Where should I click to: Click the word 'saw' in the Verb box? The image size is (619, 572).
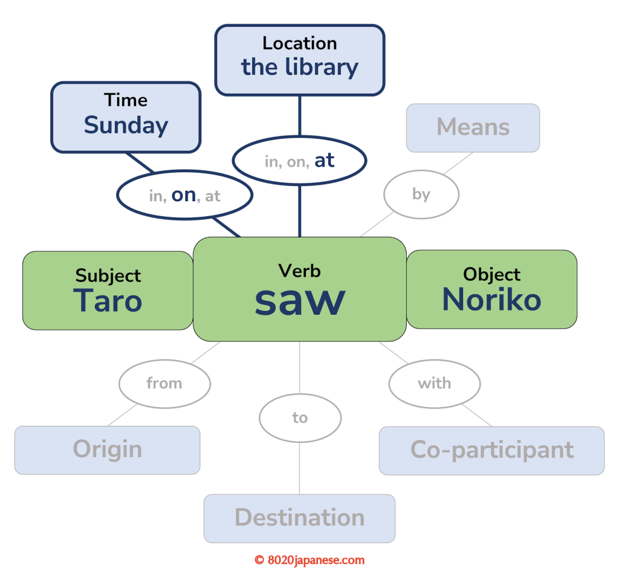pyautogui.click(x=300, y=300)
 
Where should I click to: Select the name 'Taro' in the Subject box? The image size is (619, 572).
pyautogui.click(x=108, y=301)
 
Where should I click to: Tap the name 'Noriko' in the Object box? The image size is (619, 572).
pyautogui.click(x=491, y=300)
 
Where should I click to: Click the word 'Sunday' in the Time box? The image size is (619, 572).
pyautogui.click(x=126, y=125)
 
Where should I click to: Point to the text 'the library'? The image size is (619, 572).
pyautogui.click(x=300, y=66)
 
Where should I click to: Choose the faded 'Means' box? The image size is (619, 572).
pyautogui.click(x=473, y=127)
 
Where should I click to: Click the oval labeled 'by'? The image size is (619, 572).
pyautogui.click(x=421, y=194)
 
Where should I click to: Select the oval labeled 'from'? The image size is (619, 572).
pyautogui.click(x=164, y=383)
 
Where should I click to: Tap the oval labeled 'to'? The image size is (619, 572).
pyautogui.click(x=300, y=418)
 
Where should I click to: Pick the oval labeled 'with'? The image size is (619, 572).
pyautogui.click(x=434, y=383)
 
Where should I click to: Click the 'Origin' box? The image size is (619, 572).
pyautogui.click(x=107, y=450)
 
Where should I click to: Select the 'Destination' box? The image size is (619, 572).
pyautogui.click(x=299, y=518)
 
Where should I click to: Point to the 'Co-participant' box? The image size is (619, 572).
pyautogui.click(x=491, y=450)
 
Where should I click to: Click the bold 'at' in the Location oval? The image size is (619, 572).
pyautogui.click(x=325, y=160)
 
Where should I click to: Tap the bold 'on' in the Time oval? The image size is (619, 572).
pyautogui.click(x=184, y=194)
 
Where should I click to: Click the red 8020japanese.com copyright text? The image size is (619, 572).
pyautogui.click(x=309, y=560)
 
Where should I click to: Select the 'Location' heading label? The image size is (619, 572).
pyautogui.click(x=299, y=43)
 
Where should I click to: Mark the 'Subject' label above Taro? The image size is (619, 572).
pyautogui.click(x=108, y=276)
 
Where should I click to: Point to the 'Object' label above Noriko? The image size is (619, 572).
pyautogui.click(x=491, y=275)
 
